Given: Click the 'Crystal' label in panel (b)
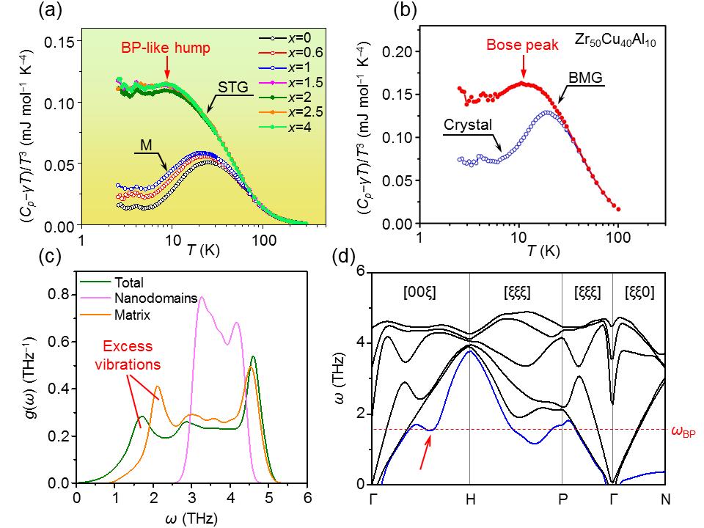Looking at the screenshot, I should click(x=466, y=124).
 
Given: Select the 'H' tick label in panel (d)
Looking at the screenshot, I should click(x=469, y=501).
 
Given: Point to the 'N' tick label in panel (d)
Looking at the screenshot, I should click(x=664, y=501).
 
